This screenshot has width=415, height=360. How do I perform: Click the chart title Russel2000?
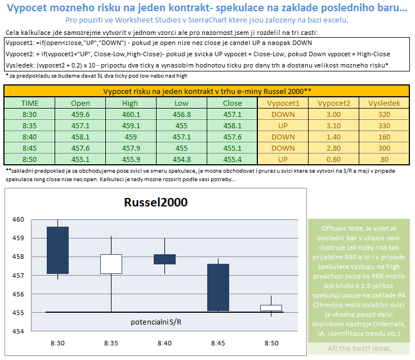[x=155, y=202]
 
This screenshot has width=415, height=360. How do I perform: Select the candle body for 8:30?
[x=58, y=250]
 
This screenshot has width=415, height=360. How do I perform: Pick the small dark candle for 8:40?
[x=164, y=259]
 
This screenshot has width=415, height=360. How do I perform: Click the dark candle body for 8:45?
[x=218, y=287]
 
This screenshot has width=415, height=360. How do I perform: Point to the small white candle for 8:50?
[x=271, y=308]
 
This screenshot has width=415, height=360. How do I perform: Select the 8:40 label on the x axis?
[x=164, y=343]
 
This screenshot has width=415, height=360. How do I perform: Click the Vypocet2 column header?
[x=334, y=103]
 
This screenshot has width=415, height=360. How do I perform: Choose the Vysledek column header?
[x=384, y=103]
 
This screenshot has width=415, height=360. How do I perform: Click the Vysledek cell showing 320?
[x=384, y=114]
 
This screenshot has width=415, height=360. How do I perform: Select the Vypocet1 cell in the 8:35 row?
[x=283, y=125]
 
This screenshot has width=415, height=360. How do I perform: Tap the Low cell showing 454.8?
[x=181, y=159]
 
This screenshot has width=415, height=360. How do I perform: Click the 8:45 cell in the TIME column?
[x=30, y=148]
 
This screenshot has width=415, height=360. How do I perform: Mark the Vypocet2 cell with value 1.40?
[x=334, y=137]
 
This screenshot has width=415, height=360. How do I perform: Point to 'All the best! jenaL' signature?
[x=359, y=348]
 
